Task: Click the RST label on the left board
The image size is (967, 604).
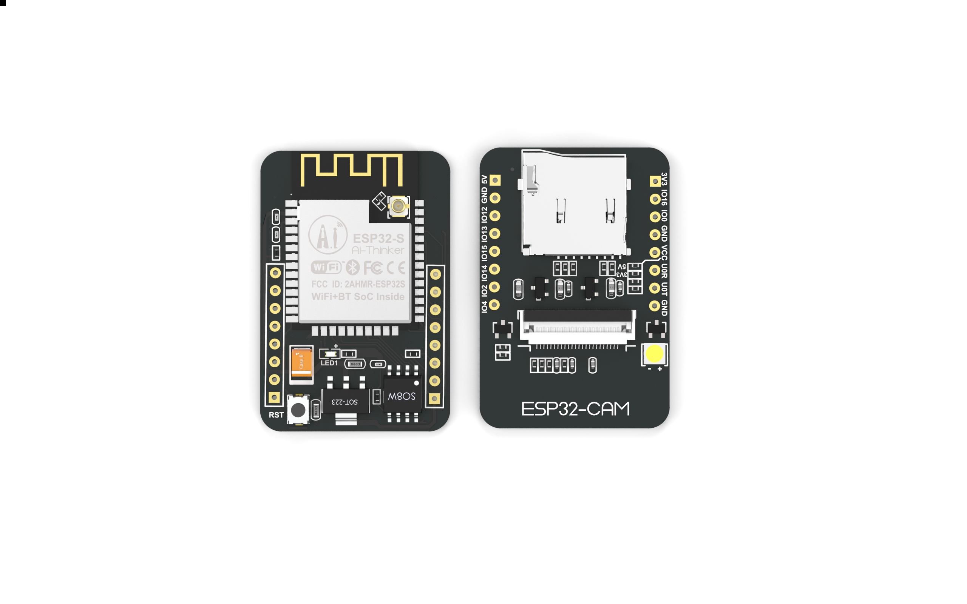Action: point(276,414)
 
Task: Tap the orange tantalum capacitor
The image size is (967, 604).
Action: point(301,363)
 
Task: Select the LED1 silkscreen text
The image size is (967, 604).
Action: point(329,363)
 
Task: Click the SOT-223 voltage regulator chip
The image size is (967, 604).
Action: point(345,401)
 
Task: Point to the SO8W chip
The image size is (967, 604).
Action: point(402,396)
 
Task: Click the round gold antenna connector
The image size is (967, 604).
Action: point(398,206)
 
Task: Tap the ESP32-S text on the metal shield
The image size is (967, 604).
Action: point(378,239)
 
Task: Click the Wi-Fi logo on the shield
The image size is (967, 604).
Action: point(326,267)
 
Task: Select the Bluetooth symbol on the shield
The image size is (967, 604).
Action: point(352,267)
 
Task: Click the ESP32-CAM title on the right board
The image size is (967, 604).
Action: point(575,409)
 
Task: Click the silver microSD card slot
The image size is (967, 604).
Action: point(574,204)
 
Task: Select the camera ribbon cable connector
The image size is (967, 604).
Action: point(577,325)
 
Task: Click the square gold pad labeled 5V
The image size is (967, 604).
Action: point(495,180)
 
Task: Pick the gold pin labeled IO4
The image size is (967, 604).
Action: point(494,305)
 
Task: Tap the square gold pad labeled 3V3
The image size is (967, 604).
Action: point(655,181)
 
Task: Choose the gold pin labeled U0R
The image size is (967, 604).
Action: point(655,270)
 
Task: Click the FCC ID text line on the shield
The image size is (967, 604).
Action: point(358,284)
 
